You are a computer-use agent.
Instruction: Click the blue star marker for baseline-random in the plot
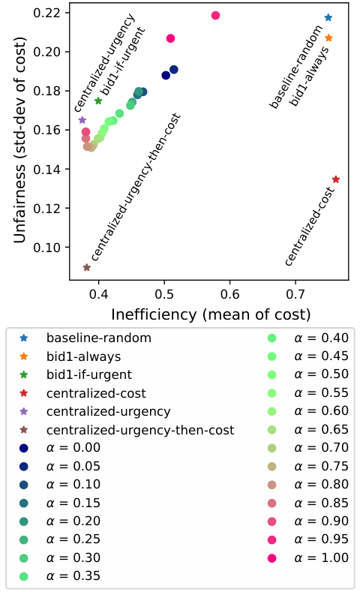328,17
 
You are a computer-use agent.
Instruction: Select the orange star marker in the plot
328,38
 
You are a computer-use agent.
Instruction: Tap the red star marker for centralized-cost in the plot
336,179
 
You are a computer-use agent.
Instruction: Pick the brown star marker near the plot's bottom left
87,267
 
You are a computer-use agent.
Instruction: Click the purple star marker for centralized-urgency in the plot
82,120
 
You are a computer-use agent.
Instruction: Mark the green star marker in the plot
98,101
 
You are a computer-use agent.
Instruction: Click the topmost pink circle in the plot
215,16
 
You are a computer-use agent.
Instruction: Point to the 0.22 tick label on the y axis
46,13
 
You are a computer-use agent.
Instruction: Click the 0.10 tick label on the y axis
46,248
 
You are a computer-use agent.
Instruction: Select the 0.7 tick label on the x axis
295,294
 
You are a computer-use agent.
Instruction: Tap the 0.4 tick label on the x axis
98,294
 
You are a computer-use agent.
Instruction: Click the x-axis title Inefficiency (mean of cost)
211,314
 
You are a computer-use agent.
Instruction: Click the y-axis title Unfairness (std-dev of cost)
19,140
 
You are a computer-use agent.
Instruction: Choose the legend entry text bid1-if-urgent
89,374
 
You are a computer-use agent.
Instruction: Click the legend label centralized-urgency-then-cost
140,430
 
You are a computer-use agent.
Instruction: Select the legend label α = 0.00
73,447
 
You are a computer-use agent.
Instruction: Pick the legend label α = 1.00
321,557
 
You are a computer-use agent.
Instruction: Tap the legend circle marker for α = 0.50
271,374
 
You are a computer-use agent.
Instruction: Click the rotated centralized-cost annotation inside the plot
310,227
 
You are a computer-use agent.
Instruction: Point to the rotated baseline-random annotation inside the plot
295,67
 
